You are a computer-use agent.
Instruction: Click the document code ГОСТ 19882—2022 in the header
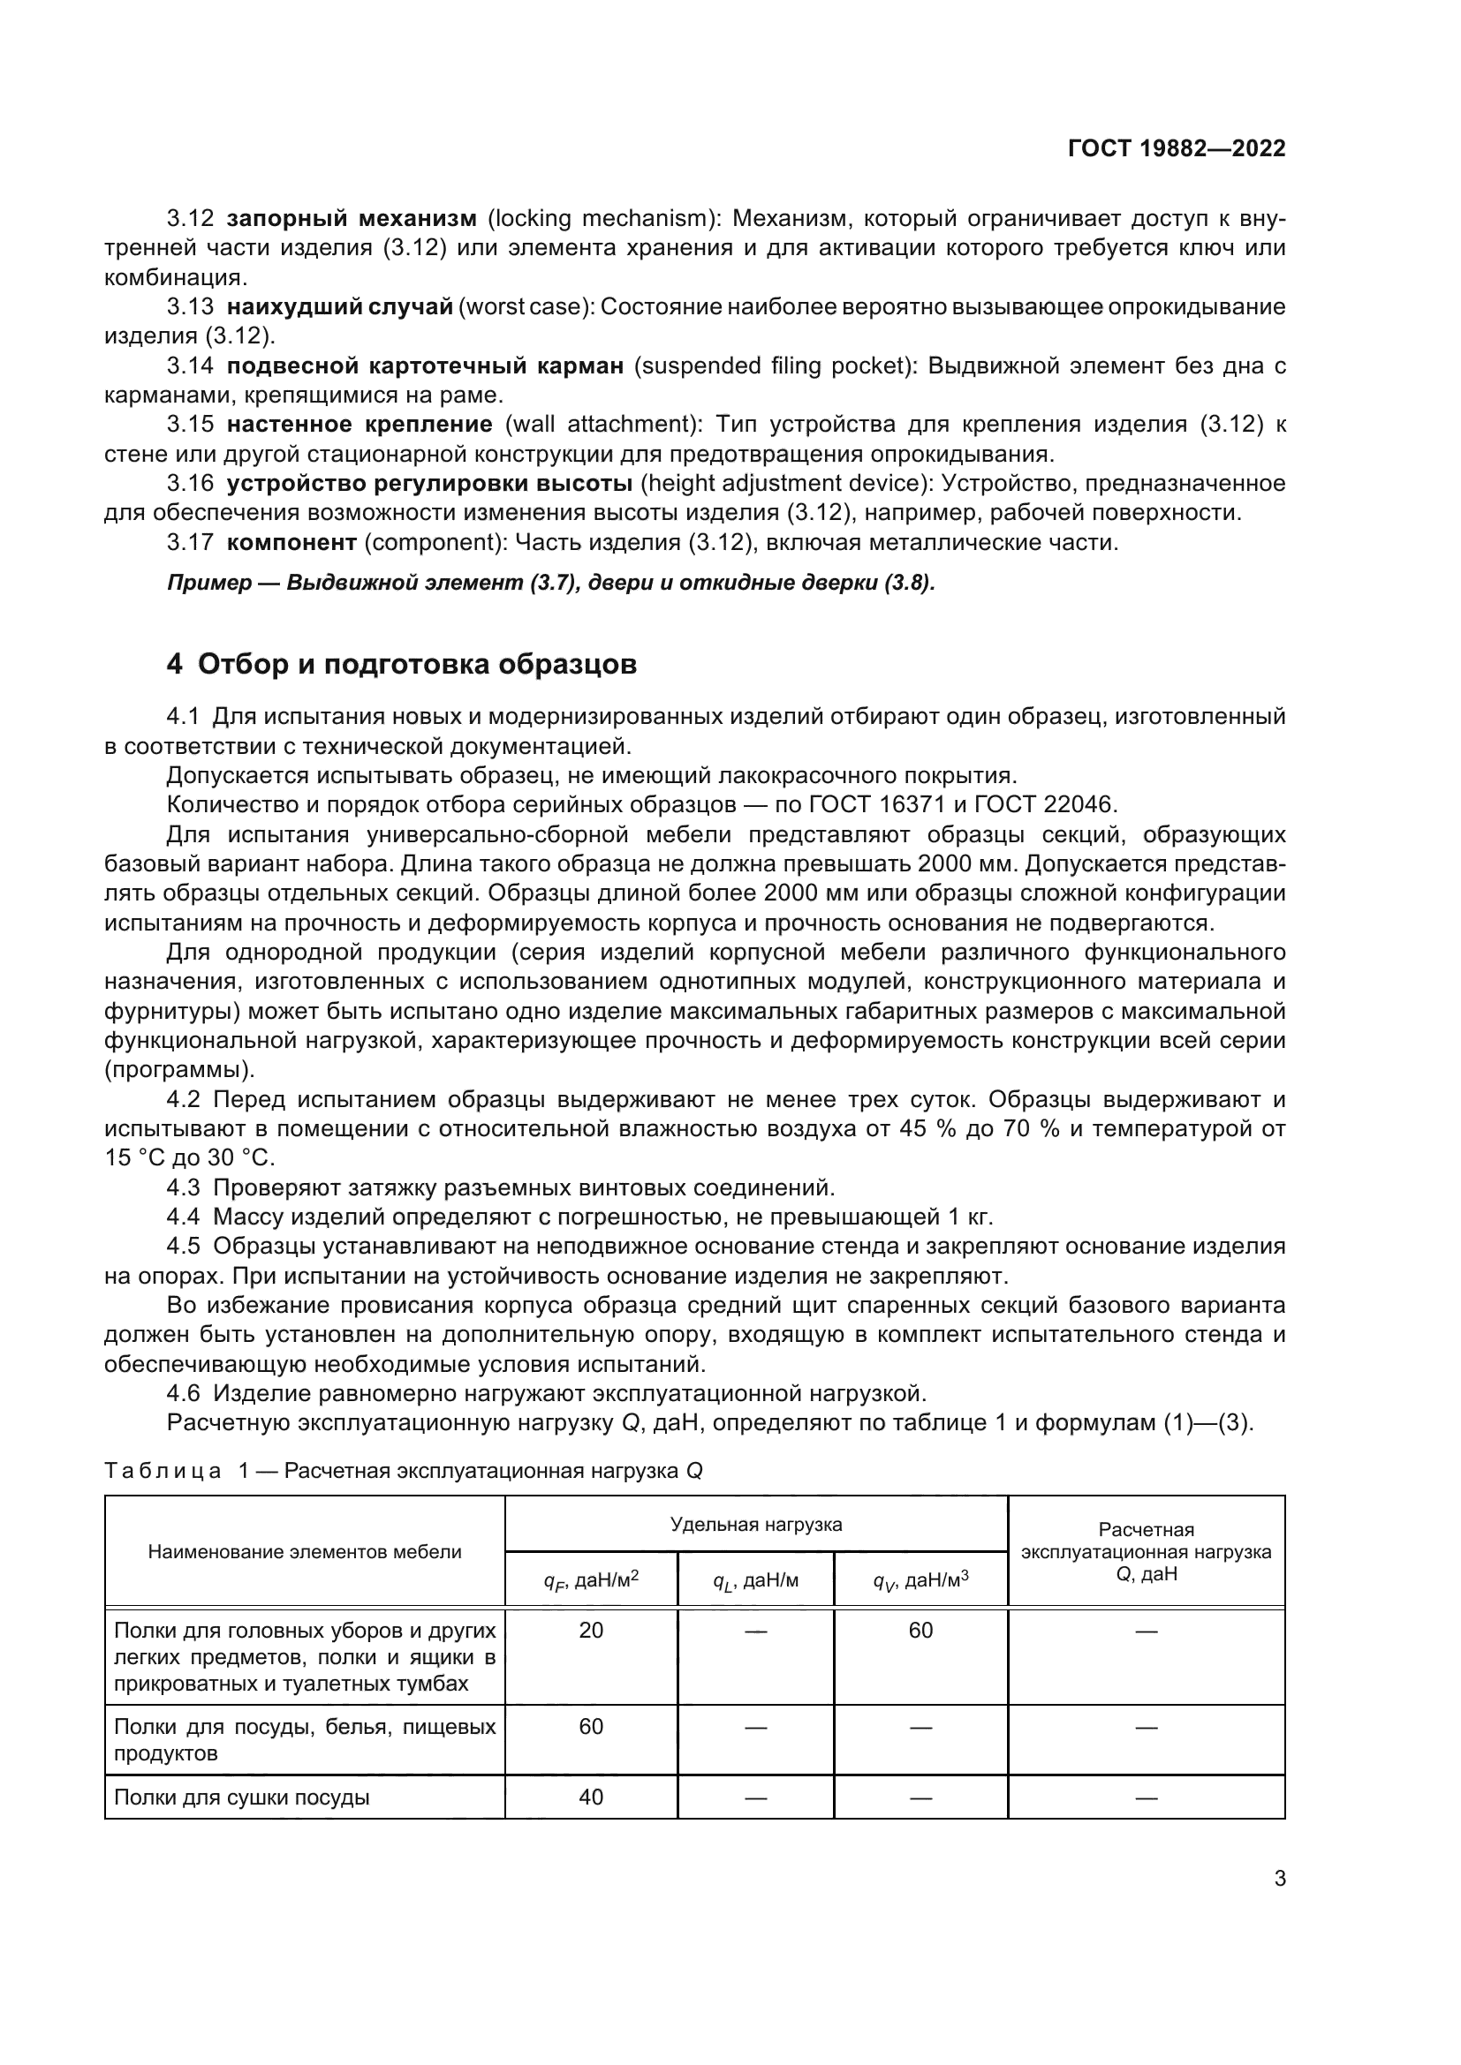(1176, 148)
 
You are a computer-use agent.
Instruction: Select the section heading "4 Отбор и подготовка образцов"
(401, 664)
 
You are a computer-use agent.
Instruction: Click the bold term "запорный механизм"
(352, 219)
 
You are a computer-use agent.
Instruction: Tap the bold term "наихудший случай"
(340, 306)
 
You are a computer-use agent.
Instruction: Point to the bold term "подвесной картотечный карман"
(425, 366)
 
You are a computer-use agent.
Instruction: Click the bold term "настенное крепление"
(360, 425)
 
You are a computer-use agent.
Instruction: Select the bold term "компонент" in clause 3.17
(292, 542)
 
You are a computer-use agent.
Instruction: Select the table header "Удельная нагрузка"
(756, 1525)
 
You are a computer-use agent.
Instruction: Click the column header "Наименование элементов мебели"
(304, 1551)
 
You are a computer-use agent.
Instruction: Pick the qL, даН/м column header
(756, 1581)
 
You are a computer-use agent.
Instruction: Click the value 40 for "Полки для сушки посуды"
(591, 1797)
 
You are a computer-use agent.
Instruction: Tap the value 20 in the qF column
(591, 1631)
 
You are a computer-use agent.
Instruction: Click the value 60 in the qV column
(920, 1631)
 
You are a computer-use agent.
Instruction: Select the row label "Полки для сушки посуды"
(242, 1797)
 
